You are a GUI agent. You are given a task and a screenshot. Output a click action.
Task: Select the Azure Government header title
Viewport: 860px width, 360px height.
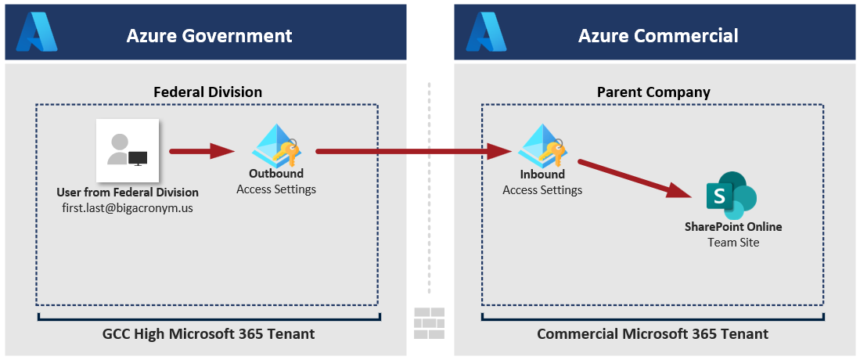[209, 35]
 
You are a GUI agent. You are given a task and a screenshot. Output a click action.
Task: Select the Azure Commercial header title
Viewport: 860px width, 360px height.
[658, 35]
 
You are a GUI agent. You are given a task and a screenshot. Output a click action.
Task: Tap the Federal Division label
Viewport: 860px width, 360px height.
[207, 92]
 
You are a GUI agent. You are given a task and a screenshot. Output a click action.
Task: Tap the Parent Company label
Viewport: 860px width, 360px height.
[653, 92]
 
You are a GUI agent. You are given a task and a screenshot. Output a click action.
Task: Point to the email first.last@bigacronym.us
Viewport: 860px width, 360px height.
[128, 207]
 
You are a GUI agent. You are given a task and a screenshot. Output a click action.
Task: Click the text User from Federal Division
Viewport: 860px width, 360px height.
[128, 193]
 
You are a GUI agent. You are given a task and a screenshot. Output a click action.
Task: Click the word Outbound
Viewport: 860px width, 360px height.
[276, 174]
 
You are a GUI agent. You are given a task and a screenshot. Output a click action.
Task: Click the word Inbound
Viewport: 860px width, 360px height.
[542, 175]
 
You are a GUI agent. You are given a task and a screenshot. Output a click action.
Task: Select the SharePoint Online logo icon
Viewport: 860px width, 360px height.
[732, 196]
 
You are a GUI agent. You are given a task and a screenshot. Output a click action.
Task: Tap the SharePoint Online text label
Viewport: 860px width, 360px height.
[733, 227]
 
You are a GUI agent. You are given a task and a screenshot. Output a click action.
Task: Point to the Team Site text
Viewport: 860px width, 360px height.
[733, 243]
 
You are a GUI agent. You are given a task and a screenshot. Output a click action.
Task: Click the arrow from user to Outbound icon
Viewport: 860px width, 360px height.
[202, 151]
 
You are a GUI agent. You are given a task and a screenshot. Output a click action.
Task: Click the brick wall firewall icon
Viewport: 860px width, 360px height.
[430, 322]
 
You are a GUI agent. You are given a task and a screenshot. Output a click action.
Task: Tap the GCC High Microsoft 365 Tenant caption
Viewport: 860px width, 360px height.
[209, 334]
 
